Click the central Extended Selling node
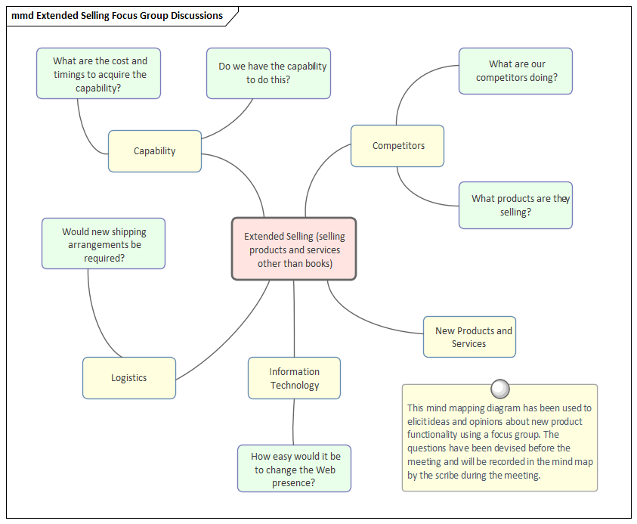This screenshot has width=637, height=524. [293, 250]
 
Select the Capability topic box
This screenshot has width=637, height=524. [154, 151]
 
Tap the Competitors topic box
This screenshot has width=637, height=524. [397, 146]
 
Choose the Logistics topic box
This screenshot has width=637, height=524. [128, 378]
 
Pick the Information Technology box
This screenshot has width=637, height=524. [294, 378]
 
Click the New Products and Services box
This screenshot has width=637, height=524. [469, 337]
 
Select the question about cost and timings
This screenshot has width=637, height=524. [99, 74]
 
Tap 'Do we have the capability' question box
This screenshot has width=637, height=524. [268, 73]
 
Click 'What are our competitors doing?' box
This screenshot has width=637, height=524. [515, 71]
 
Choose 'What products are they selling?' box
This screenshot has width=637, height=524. [515, 205]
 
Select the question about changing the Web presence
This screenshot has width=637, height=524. [294, 469]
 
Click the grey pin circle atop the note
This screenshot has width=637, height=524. [499, 389]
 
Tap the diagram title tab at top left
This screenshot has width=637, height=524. [117, 16]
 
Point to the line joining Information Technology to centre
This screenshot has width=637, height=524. [294, 318]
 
